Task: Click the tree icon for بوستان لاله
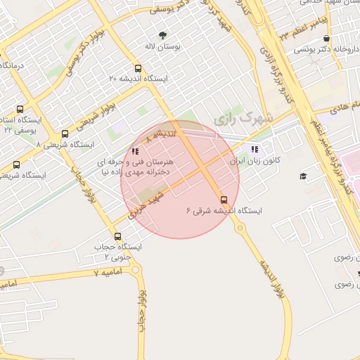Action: point(164,34)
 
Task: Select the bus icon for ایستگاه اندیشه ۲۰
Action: point(138,70)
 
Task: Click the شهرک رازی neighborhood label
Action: point(241,118)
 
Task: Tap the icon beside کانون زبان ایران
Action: point(255,149)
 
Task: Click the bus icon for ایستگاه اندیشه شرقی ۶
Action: point(224,200)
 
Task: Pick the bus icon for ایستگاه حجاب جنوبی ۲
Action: point(117,236)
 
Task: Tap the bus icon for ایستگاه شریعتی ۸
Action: point(65,134)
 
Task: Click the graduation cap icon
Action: point(303,176)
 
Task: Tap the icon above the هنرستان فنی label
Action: point(135,150)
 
